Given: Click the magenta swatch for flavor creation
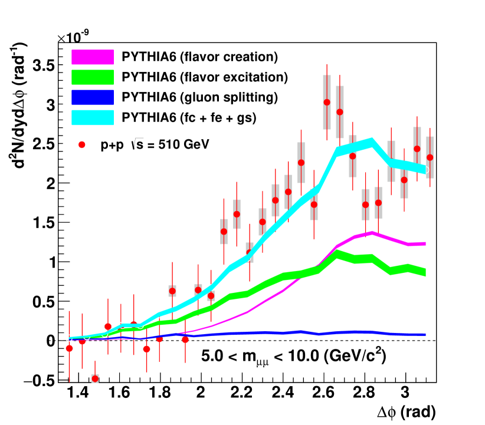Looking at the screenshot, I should (92, 57).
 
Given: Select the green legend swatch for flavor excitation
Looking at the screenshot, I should (92, 77).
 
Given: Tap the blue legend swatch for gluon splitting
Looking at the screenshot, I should (92, 97).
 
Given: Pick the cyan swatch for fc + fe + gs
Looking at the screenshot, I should (92, 117).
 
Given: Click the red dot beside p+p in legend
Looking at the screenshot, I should (83, 144).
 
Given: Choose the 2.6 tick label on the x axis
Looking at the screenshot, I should (323, 393).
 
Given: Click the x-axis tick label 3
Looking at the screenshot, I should (404, 393).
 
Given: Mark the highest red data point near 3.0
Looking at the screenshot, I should (326, 102).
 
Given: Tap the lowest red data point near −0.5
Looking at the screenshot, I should (94, 378).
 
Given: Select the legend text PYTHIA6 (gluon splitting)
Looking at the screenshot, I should (199, 97).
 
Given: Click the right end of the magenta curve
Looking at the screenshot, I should (425, 243).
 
